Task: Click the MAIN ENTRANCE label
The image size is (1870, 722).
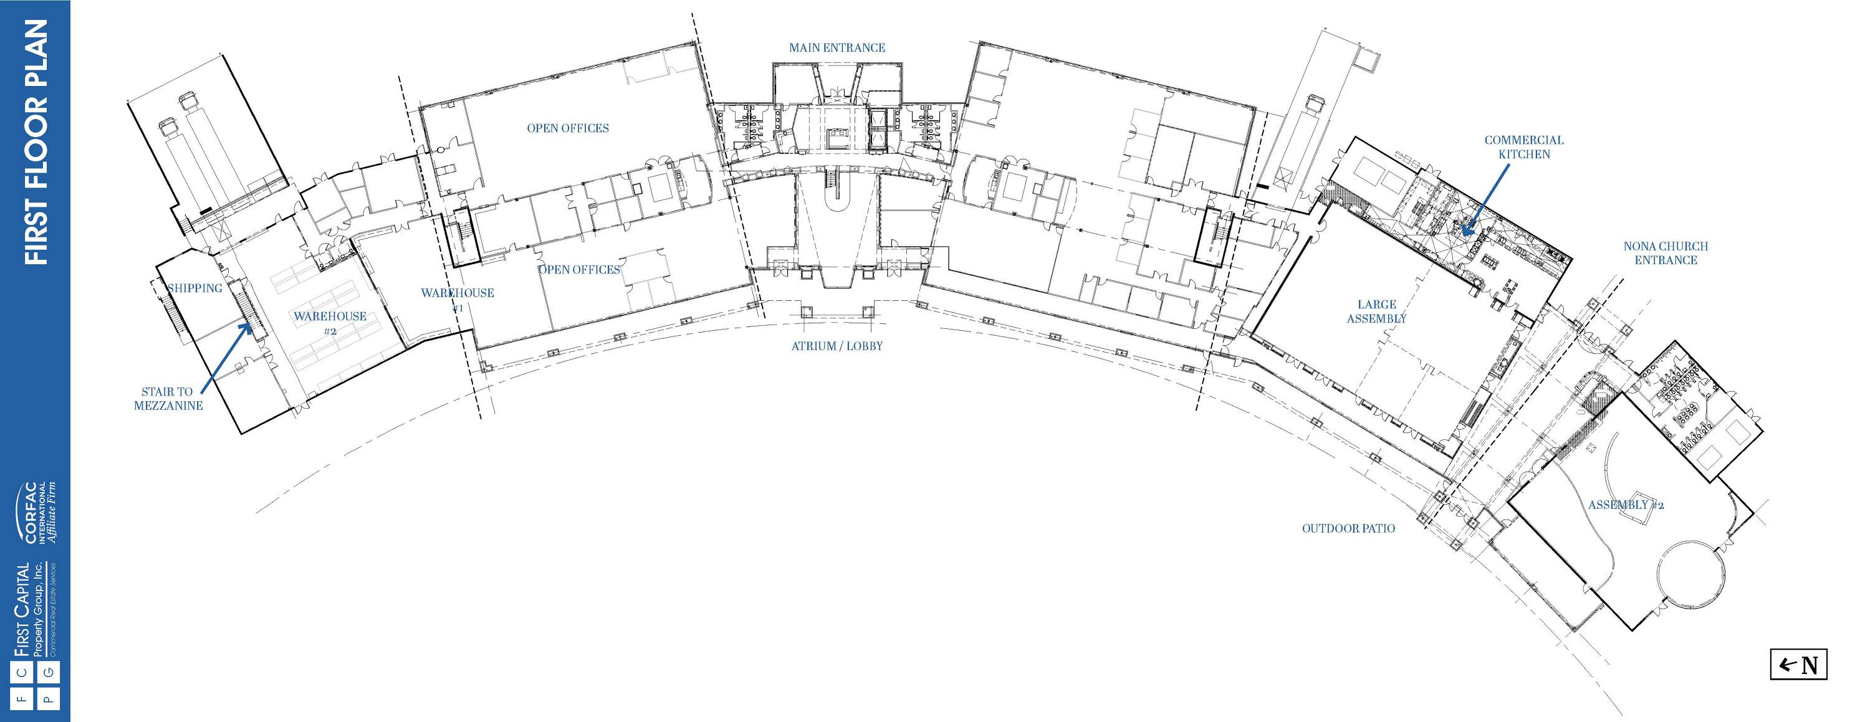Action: (837, 48)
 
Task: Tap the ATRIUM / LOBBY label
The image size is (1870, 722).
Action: (837, 346)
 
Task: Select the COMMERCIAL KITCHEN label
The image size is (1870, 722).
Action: (1523, 146)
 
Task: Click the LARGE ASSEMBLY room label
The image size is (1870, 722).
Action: (1376, 311)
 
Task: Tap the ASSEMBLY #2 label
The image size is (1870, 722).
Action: (1626, 505)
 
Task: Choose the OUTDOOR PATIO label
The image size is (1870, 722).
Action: (1349, 528)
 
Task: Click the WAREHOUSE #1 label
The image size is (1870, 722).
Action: (458, 300)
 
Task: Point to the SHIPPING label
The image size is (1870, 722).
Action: (194, 288)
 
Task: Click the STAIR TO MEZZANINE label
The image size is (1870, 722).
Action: (168, 398)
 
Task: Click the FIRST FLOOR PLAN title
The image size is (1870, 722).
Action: (36, 142)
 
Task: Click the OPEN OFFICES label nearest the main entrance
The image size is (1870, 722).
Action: (568, 128)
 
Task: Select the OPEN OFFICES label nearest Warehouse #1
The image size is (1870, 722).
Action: (578, 270)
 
